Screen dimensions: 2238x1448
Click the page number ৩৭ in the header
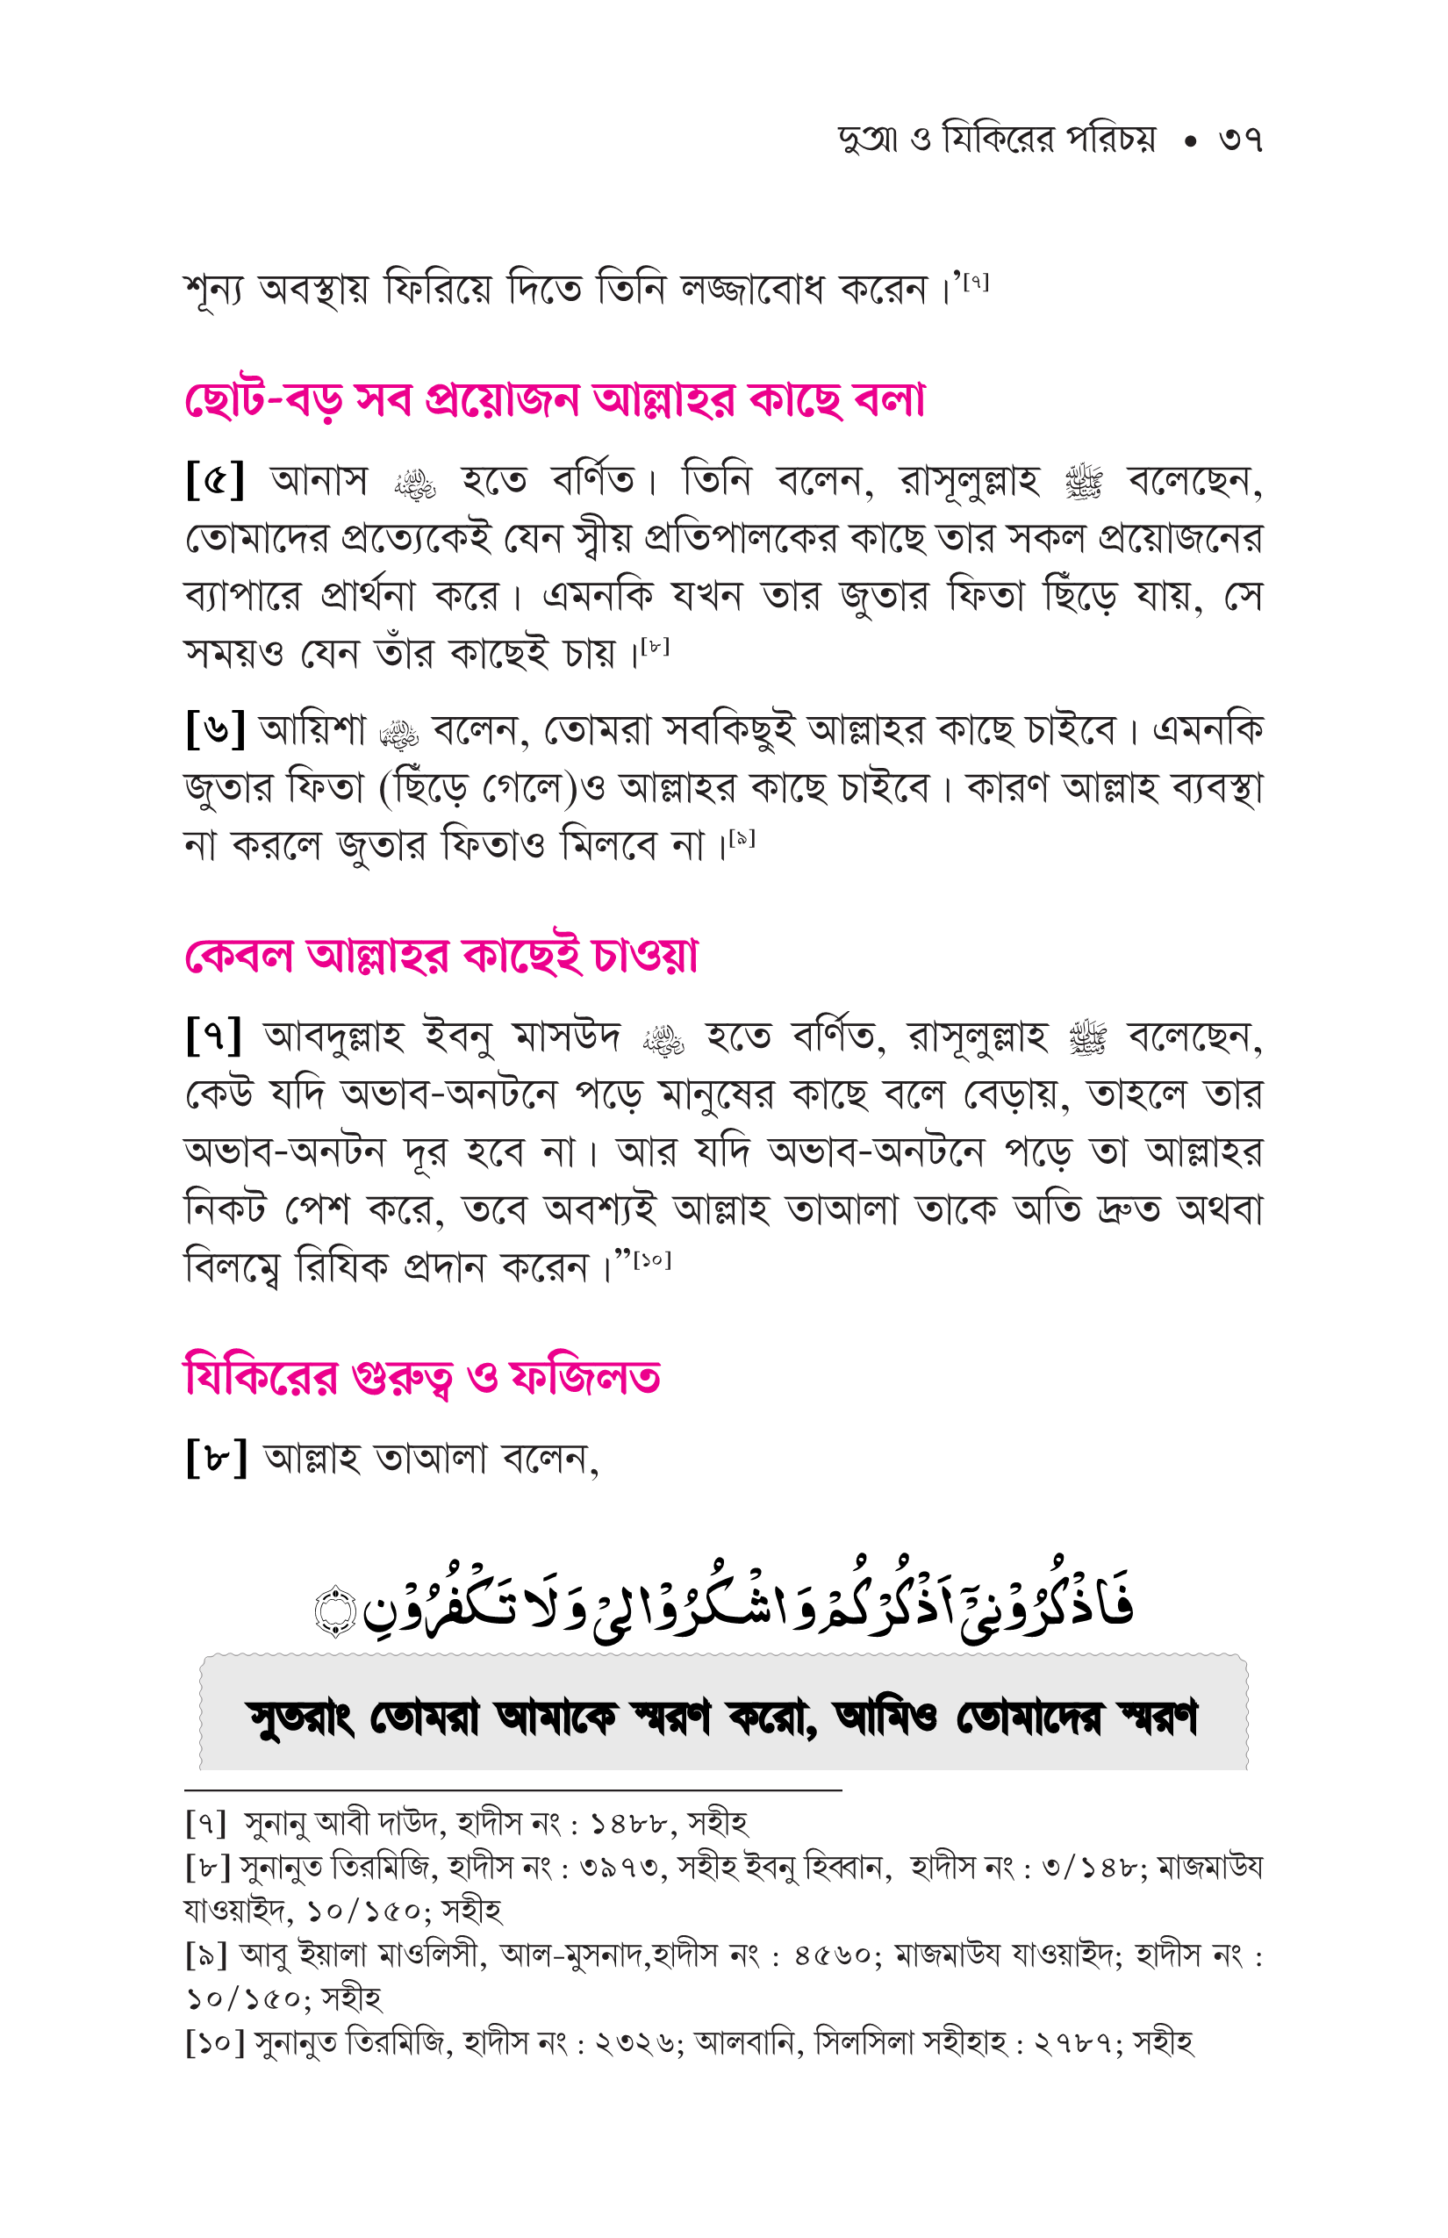pyautogui.click(x=1239, y=140)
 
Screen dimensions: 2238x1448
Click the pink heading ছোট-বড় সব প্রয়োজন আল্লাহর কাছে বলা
pyautogui.click(x=555, y=400)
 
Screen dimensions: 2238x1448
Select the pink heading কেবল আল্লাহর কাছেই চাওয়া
pyautogui.click(x=441, y=957)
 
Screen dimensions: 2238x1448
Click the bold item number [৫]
pyautogui.click(x=215, y=481)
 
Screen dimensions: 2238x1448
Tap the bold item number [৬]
pyautogui.click(x=215, y=728)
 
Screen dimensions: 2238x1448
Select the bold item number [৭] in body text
pyautogui.click(x=215, y=1036)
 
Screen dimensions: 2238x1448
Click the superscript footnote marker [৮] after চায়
pyautogui.click(x=655, y=646)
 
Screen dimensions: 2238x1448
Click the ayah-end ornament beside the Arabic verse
pyautogui.click(x=335, y=1610)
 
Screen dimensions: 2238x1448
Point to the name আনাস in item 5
pyautogui.click(x=319, y=481)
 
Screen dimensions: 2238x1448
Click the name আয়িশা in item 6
pyautogui.click(x=312, y=729)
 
